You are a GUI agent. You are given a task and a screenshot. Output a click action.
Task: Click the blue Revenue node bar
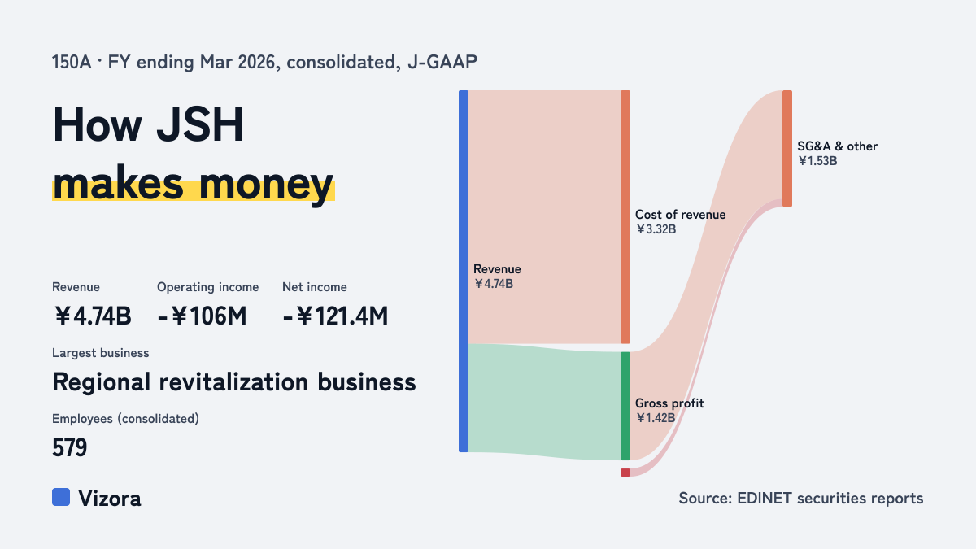tap(464, 271)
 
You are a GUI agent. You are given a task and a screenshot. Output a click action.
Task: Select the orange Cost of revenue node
tap(625, 217)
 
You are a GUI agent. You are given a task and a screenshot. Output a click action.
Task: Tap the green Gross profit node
tap(625, 406)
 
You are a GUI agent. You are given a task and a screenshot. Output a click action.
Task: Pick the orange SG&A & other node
tap(787, 149)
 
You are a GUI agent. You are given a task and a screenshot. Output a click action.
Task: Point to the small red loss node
tap(625, 473)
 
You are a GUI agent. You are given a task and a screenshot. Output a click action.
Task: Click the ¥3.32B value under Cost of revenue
tap(656, 229)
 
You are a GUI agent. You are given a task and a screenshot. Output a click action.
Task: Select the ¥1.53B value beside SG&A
tap(817, 161)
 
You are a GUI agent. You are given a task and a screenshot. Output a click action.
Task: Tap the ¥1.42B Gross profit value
tap(656, 418)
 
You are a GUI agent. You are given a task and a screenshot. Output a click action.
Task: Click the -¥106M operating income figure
tap(202, 316)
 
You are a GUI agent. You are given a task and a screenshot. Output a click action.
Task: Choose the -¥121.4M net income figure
tap(335, 316)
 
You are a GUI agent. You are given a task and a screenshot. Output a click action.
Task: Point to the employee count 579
tap(70, 447)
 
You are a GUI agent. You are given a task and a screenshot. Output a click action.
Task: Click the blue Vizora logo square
tap(61, 497)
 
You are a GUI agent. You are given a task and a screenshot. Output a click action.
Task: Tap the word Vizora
tap(110, 499)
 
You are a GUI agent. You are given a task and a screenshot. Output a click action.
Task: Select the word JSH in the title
tap(200, 124)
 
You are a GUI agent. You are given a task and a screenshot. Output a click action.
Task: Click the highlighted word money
tap(266, 185)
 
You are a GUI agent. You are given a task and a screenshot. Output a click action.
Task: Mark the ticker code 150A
tap(72, 62)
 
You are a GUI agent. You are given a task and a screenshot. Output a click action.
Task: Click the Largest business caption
tap(101, 353)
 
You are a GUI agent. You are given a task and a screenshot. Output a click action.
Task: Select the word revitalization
tap(233, 382)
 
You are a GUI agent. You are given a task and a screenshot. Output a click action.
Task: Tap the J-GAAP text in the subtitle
tap(442, 62)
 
